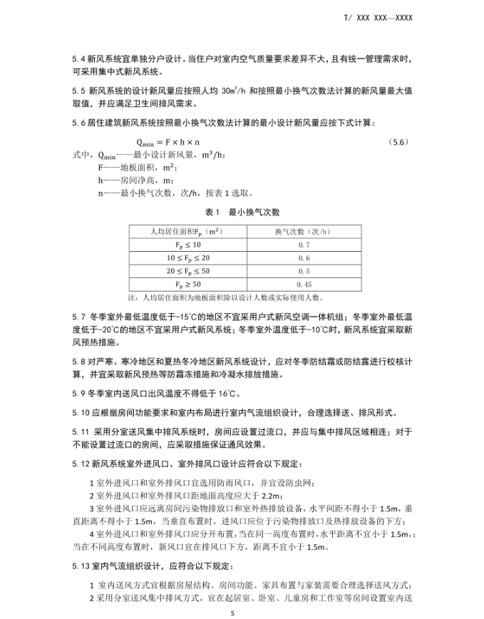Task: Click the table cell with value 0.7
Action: pyautogui.click(x=304, y=245)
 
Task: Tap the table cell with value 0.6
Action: pyautogui.click(x=304, y=258)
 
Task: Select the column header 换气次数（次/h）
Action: pyautogui.click(x=304, y=231)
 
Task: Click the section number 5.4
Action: pyautogui.click(x=78, y=58)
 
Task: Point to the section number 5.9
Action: pyautogui.click(x=78, y=393)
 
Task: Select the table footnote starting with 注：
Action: pyautogui.click(x=225, y=297)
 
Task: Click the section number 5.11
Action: pyautogui.click(x=81, y=431)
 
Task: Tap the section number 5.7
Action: pyautogui.click(x=78, y=316)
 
